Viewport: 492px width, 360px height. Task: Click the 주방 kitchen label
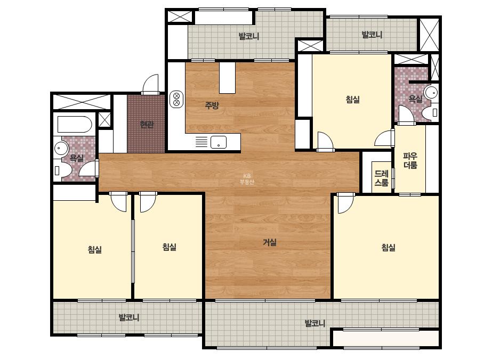212,105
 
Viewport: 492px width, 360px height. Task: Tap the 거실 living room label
270,242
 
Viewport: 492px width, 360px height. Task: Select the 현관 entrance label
147,125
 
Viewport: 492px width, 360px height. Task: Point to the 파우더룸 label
410,160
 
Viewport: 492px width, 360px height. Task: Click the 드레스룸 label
382,178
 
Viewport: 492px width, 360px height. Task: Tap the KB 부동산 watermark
247,179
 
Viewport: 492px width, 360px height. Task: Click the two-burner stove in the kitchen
176,99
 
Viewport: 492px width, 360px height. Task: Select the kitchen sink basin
219,142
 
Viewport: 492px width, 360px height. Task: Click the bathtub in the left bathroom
75,125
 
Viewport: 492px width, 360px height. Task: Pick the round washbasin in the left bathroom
61,148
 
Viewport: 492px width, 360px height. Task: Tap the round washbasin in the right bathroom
431,92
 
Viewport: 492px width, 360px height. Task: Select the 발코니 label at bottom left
129,317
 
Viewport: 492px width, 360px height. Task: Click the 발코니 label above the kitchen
249,36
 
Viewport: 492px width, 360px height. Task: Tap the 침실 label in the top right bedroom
353,100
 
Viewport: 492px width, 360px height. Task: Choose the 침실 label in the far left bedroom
95,250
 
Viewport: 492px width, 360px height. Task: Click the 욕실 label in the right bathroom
415,99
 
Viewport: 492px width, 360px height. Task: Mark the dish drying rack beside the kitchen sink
201,142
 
